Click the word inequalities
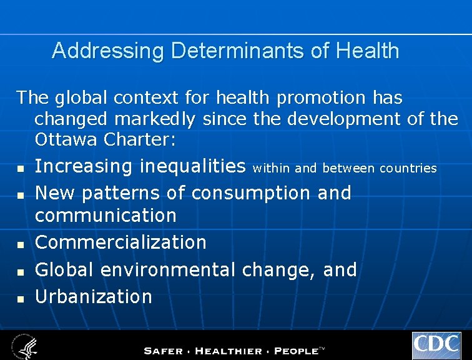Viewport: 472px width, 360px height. click(193, 166)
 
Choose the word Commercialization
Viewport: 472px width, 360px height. click(120, 242)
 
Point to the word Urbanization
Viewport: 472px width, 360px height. click(94, 296)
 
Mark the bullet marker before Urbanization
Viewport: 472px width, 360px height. click(20, 299)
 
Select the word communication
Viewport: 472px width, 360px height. click(106, 216)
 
